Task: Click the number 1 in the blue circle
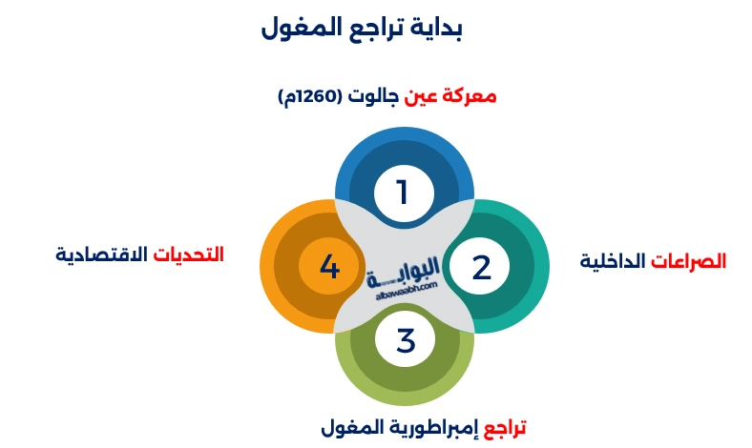pyautogui.click(x=404, y=193)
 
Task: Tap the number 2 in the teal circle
pyautogui.click(x=482, y=267)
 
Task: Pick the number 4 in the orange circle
pyautogui.click(x=329, y=267)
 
